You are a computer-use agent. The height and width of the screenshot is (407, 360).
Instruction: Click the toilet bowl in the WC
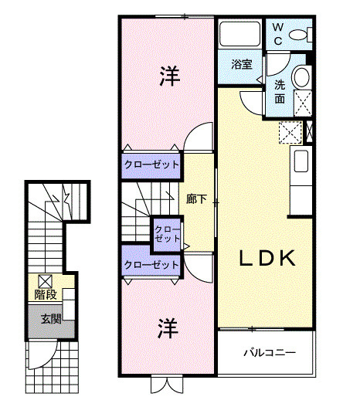pyautogui.click(x=298, y=35)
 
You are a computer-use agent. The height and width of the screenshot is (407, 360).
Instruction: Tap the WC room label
pyautogui.click(x=278, y=34)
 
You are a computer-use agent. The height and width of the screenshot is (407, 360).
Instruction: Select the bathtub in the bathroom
pyautogui.click(x=239, y=34)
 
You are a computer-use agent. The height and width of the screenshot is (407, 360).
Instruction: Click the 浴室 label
pyautogui.click(x=242, y=64)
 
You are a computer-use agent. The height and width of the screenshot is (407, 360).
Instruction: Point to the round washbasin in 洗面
pyautogui.click(x=301, y=76)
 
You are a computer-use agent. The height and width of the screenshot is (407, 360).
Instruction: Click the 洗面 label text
pyautogui.click(x=280, y=92)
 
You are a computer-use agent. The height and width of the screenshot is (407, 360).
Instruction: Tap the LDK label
pyautogui.click(x=267, y=258)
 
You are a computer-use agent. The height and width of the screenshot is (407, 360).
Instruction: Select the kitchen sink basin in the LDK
pyautogui.click(x=301, y=161)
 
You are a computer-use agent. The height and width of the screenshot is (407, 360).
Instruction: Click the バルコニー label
pyautogui.click(x=270, y=352)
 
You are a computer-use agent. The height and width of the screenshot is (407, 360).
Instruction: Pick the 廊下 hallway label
pyautogui.click(x=196, y=199)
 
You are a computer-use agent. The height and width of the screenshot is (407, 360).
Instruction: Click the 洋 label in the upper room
pyautogui.click(x=169, y=76)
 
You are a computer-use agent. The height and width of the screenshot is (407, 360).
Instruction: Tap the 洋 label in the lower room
pyautogui.click(x=168, y=328)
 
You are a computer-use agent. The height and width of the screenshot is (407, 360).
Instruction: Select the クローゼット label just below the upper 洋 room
pyautogui.click(x=151, y=164)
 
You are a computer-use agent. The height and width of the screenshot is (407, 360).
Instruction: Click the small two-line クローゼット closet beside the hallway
pyautogui.click(x=167, y=234)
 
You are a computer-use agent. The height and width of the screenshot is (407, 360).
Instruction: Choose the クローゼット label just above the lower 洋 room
pyautogui.click(x=151, y=265)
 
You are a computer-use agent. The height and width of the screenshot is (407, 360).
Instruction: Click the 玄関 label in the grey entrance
pyautogui.click(x=51, y=319)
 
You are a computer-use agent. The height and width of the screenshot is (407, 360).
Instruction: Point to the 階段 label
pyautogui.click(x=46, y=294)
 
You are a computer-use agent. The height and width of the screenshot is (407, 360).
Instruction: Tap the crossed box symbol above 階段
pyautogui.click(x=46, y=281)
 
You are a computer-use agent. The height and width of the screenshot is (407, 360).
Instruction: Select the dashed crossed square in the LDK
pyautogui.click(x=290, y=132)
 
